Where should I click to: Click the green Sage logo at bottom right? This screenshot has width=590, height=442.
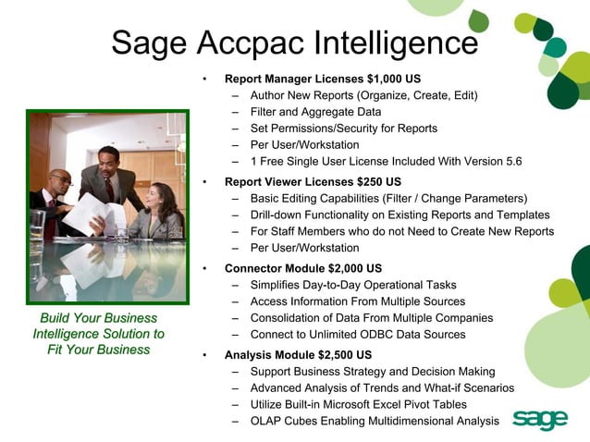pos(539,419)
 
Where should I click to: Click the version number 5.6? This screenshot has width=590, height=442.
pos(511,161)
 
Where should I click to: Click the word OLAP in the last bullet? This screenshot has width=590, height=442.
pos(266,421)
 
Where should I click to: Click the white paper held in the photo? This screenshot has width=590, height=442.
pos(93,213)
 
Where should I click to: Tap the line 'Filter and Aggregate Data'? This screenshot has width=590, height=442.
pos(315,112)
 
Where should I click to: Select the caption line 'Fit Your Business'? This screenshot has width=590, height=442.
pos(98,350)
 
